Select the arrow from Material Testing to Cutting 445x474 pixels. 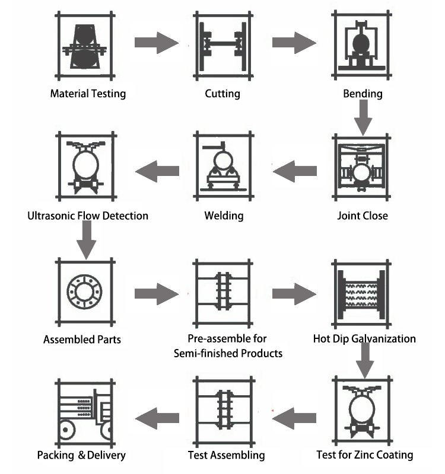(156, 42)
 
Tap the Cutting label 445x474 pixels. (223, 94)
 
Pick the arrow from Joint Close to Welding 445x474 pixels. (294, 172)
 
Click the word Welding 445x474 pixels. (224, 216)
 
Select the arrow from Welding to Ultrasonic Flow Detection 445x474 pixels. (157, 172)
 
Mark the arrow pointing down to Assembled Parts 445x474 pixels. (87, 241)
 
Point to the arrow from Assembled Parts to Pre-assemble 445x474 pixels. (156, 293)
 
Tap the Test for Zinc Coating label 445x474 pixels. (364, 455)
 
